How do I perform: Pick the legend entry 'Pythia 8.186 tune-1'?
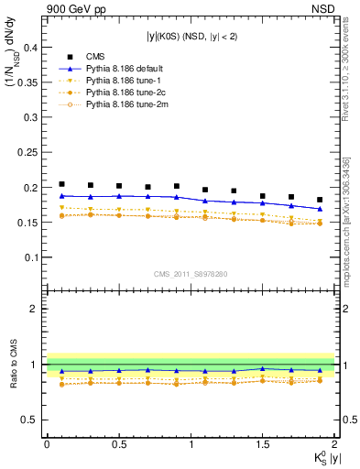pyautogui.click(x=124, y=81)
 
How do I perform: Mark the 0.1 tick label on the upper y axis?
pyautogui.click(x=29, y=257)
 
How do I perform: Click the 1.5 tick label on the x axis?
pyautogui.click(x=263, y=443)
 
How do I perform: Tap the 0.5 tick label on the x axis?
pyautogui.click(x=119, y=443)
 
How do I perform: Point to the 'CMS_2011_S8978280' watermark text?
pyautogui.click(x=191, y=274)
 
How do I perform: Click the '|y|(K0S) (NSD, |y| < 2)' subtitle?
pyautogui.click(x=191, y=37)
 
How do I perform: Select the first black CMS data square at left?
pyautogui.click(x=61, y=184)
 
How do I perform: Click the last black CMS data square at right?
pyautogui.click(x=320, y=200)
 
